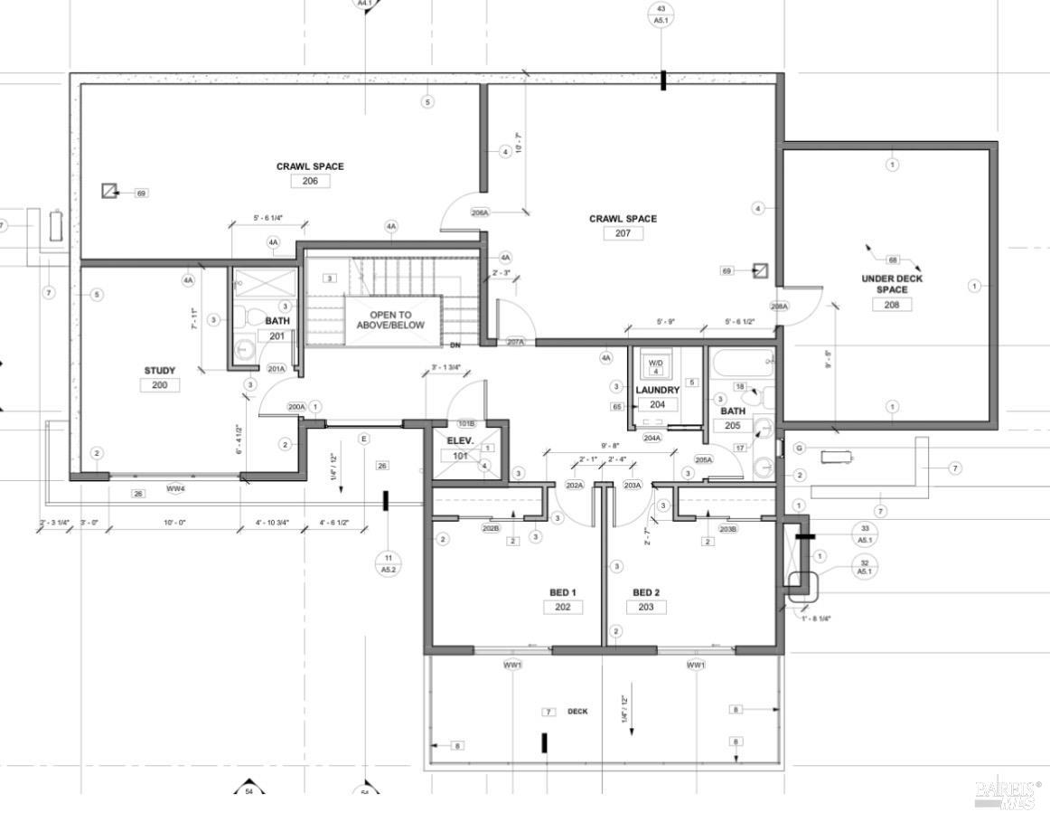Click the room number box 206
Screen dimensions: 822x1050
(x=310, y=181)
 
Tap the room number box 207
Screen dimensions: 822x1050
(x=623, y=233)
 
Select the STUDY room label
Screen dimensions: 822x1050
(x=160, y=371)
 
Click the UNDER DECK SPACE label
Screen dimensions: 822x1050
(x=891, y=284)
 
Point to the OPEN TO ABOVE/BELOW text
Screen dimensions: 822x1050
(x=389, y=320)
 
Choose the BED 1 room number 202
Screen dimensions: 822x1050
(x=562, y=607)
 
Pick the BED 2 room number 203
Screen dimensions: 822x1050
(x=645, y=607)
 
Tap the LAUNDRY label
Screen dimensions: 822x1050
(x=657, y=391)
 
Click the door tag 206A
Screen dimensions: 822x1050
(x=480, y=213)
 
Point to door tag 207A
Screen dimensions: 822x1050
(x=515, y=342)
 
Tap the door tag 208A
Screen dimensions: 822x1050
(x=779, y=307)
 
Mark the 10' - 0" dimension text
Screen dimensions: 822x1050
(x=172, y=523)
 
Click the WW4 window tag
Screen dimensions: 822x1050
(x=175, y=489)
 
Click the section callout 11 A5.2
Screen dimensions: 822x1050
(x=389, y=563)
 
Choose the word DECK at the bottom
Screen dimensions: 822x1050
(x=577, y=712)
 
